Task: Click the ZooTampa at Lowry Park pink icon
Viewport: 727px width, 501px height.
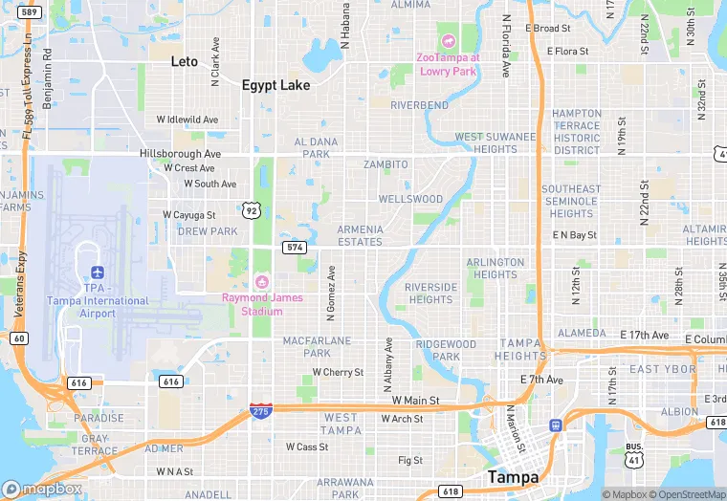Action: [x=447, y=41]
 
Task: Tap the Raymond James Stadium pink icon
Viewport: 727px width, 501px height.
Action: [x=262, y=281]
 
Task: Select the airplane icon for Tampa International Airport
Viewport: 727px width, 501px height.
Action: [x=95, y=273]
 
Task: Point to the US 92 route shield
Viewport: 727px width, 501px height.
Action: [x=251, y=208]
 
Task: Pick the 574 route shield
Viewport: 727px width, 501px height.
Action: [x=294, y=247]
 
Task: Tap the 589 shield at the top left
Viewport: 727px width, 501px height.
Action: [x=30, y=12]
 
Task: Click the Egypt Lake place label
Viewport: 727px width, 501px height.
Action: [x=275, y=85]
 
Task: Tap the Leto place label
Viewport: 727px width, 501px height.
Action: [x=184, y=61]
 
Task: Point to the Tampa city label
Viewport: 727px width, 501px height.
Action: [x=512, y=476]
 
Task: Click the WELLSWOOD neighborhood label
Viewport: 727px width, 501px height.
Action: [x=410, y=200]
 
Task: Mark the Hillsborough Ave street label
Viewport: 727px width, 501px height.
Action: [x=180, y=153]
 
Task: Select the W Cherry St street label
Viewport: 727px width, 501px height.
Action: [x=338, y=372]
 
